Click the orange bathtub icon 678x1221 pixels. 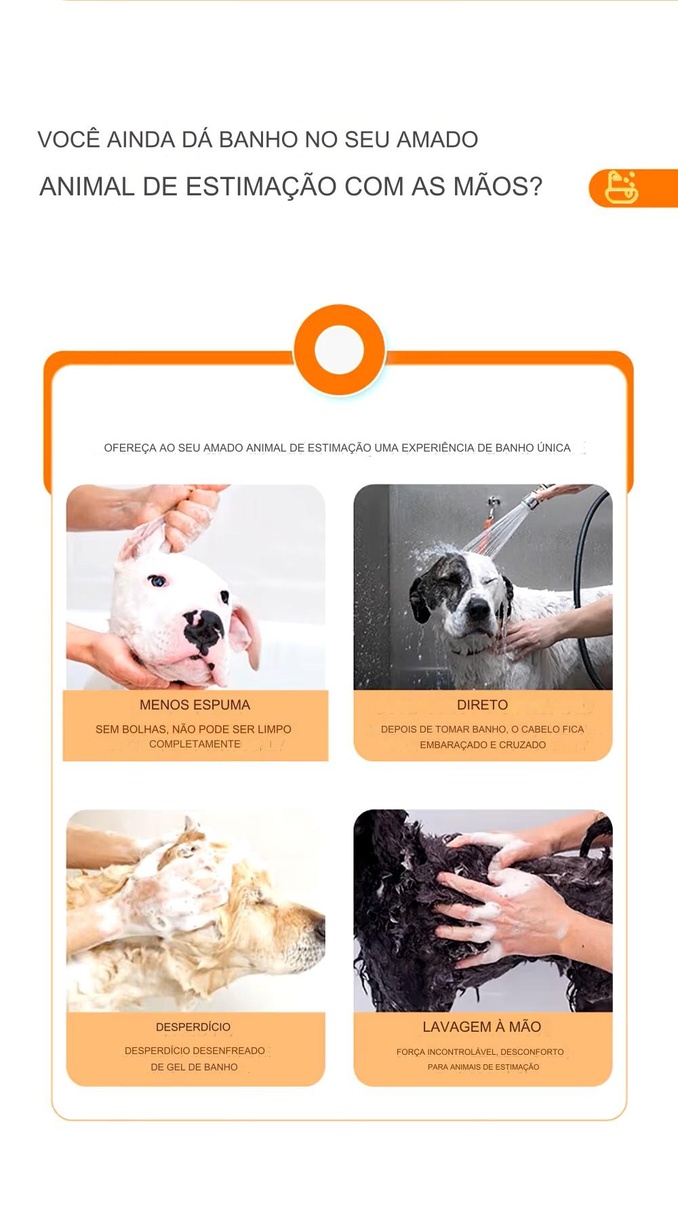(x=621, y=188)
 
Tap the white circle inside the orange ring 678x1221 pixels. (x=340, y=350)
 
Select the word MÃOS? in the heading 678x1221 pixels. (x=498, y=187)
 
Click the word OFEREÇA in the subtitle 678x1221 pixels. (x=130, y=448)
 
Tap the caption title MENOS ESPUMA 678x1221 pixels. (x=195, y=705)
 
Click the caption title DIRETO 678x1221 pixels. (x=482, y=705)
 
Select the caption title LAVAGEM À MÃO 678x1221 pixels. (x=482, y=1027)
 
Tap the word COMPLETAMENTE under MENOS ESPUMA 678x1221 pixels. (x=195, y=744)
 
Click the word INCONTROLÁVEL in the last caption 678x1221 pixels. (x=462, y=1052)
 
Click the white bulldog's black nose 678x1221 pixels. (x=203, y=628)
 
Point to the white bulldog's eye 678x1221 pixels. (x=157, y=581)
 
